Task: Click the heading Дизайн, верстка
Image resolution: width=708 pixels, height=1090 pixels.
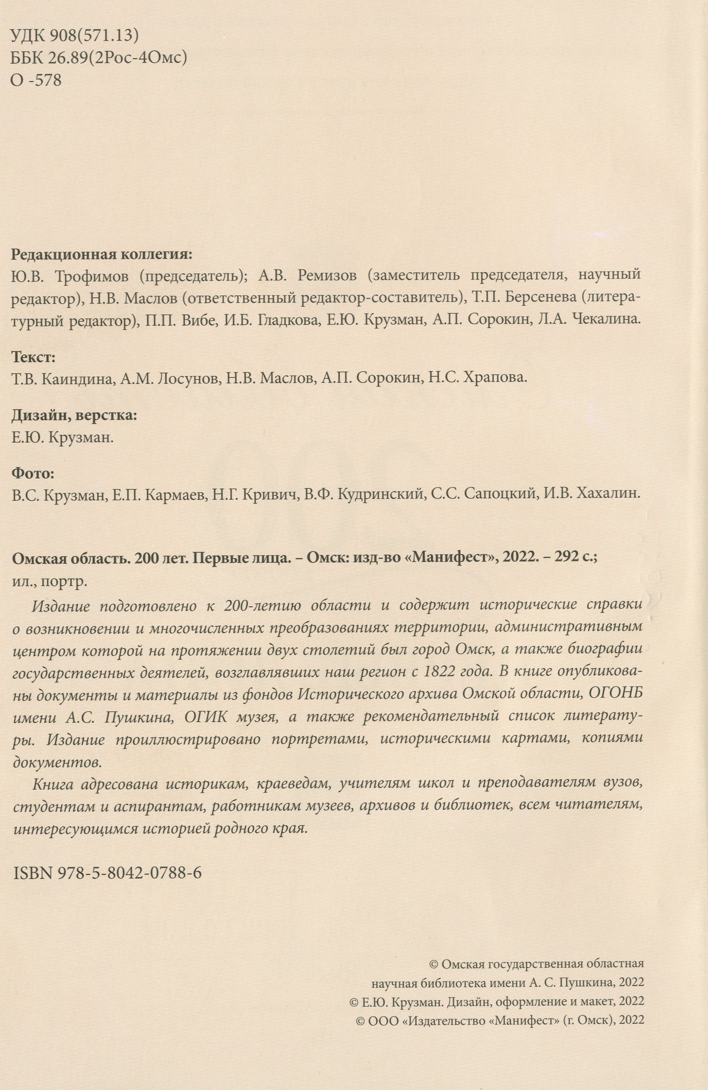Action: pyautogui.click(x=74, y=415)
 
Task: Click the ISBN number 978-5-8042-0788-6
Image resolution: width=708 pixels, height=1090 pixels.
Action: pyautogui.click(x=130, y=873)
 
